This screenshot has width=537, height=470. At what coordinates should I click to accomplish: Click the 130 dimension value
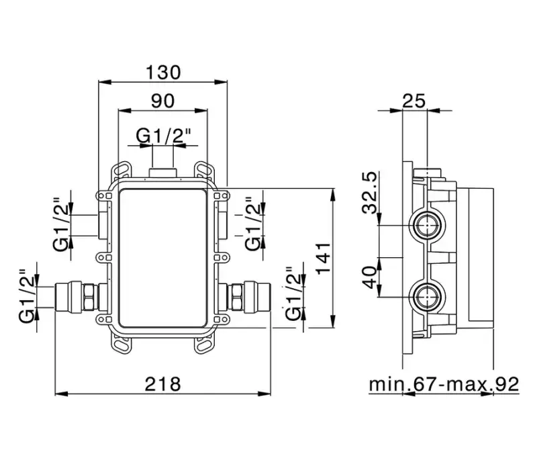163,73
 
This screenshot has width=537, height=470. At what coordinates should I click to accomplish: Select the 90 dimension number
163,101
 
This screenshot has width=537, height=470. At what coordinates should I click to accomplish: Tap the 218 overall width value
162,383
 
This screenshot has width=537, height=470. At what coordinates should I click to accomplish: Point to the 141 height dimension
323,258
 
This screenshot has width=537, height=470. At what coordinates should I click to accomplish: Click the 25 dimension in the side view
413,101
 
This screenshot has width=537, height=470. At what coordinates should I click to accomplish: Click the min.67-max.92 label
444,384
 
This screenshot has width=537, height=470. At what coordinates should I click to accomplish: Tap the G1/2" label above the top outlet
163,136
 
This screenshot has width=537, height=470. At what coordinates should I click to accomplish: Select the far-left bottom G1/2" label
27,295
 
